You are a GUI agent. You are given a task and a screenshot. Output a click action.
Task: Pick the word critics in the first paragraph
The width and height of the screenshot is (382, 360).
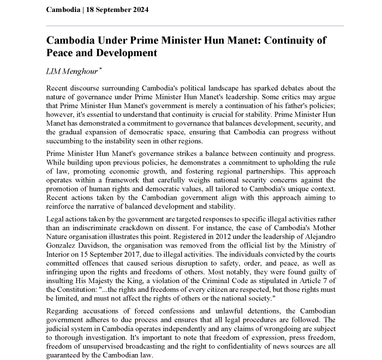click(288, 97)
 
